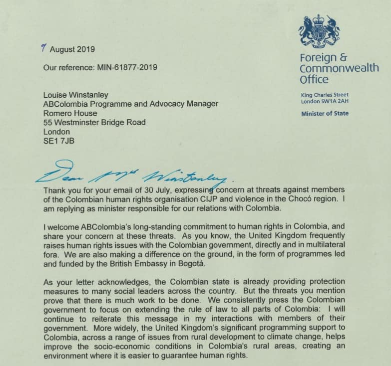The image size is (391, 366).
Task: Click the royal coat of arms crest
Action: click(319, 30)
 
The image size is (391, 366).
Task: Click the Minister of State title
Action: click(325, 114)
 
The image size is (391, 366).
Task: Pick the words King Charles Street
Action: click(325, 95)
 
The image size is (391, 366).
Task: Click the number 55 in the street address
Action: click(48, 122)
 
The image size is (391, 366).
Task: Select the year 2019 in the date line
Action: click(85, 49)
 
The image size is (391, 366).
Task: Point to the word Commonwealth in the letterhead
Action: click(339, 68)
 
